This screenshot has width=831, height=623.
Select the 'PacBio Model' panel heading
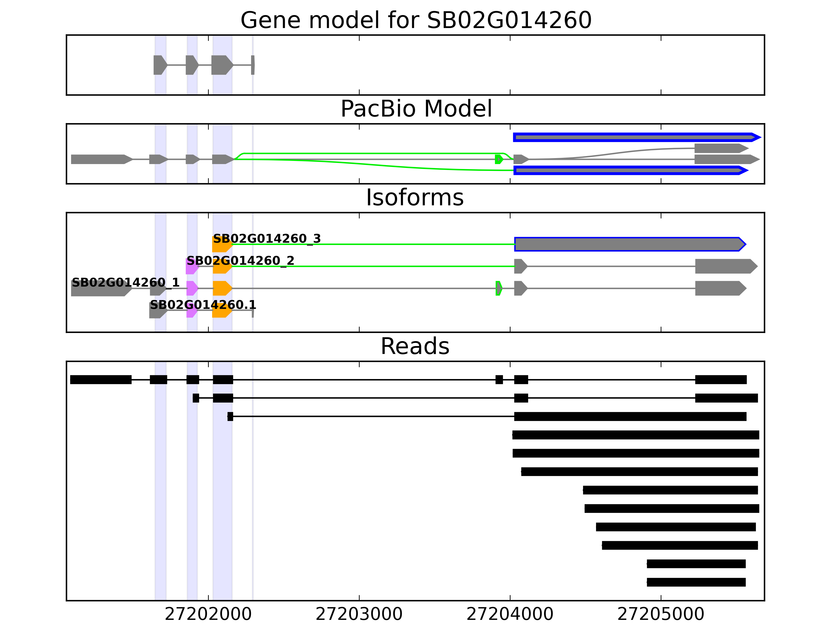pyautogui.click(x=415, y=109)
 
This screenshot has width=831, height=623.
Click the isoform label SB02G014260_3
pyautogui.click(x=267, y=239)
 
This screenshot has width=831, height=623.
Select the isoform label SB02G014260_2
pyautogui.click(x=240, y=261)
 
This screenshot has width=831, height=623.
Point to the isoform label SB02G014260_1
pyautogui.click(x=125, y=282)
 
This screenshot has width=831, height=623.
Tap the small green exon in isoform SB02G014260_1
pyautogui.click(x=499, y=288)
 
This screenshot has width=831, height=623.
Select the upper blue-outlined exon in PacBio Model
pyautogui.click(x=635, y=137)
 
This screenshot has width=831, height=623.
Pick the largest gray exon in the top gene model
pyautogui.click(x=222, y=65)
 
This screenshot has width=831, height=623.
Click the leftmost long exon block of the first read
pyautogui.click(x=101, y=380)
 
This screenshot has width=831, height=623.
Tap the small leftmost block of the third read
pyautogui.click(x=230, y=416)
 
